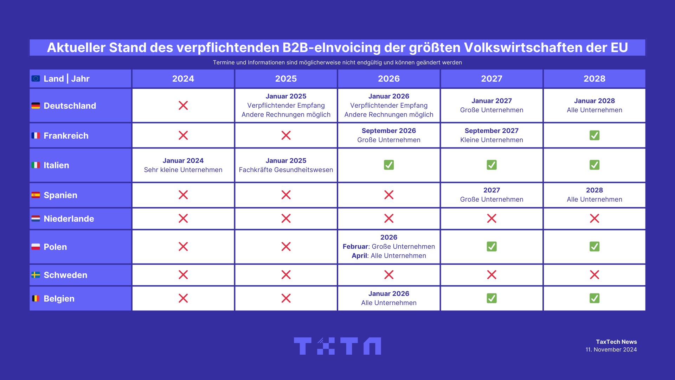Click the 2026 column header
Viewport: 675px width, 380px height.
[x=389, y=78]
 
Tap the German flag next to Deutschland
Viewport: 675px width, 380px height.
[x=36, y=106]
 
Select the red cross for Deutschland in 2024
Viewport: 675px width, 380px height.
[x=183, y=105]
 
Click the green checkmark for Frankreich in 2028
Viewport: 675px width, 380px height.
[x=594, y=135]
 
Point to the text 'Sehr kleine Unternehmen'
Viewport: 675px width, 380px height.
[x=183, y=170]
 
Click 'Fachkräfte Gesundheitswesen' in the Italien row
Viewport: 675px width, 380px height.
[x=286, y=170]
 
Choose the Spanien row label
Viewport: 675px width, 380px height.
[x=60, y=195]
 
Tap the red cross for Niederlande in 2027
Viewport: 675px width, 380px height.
[x=491, y=218]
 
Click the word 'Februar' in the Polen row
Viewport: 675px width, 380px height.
[x=355, y=246]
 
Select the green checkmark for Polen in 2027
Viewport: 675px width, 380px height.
[x=491, y=246]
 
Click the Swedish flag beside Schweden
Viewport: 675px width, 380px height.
[x=36, y=275]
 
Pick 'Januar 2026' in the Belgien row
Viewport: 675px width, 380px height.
[x=389, y=293]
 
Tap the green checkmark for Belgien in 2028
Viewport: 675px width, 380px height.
[x=594, y=298]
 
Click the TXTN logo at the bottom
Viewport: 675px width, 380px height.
[x=337, y=346]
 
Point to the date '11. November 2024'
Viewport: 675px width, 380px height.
[x=611, y=349]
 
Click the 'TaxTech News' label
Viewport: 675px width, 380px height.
[x=616, y=342]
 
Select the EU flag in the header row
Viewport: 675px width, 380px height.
[x=36, y=78]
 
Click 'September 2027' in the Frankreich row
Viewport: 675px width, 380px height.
[x=491, y=131]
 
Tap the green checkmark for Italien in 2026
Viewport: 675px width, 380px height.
[x=389, y=165]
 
